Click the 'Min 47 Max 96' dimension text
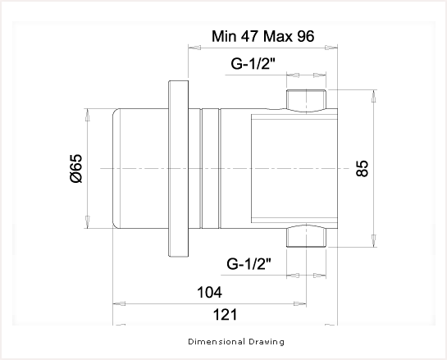coord(262,36)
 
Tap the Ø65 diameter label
coord(75,168)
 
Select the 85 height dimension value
coord(363,168)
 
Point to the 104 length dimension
coord(209,292)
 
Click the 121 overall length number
coord(226,315)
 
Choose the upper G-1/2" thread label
coord(253,64)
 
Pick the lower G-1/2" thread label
coord(249,264)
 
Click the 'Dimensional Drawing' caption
coord(236,341)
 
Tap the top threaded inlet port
coord(306,100)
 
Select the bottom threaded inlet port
coord(306,235)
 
